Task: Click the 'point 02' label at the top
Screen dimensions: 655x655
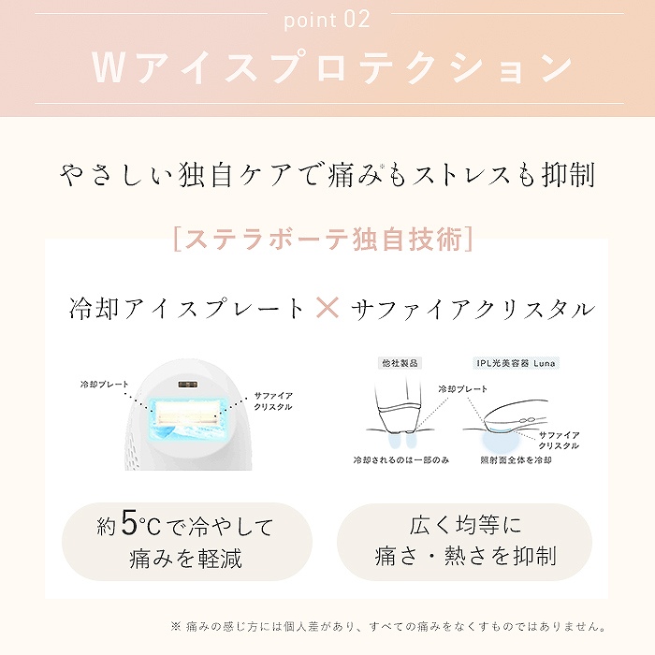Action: coord(327,19)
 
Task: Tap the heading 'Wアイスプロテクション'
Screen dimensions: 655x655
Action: coord(332,67)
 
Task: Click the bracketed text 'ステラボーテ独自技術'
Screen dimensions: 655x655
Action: coord(322,240)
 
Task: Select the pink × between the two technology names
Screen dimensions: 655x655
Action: coord(327,308)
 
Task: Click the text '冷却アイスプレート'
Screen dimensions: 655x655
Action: coord(187,309)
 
